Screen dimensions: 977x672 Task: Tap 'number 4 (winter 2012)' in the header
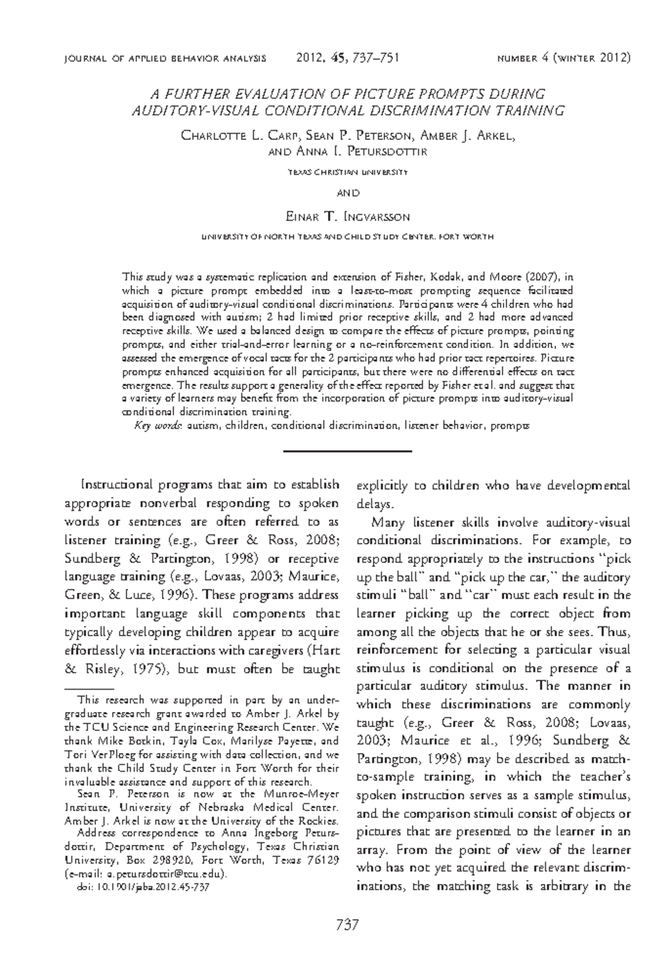(564, 58)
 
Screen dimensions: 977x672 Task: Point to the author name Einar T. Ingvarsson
(347, 216)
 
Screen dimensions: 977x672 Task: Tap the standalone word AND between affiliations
(347, 193)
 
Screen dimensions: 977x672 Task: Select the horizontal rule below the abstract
(347, 450)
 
